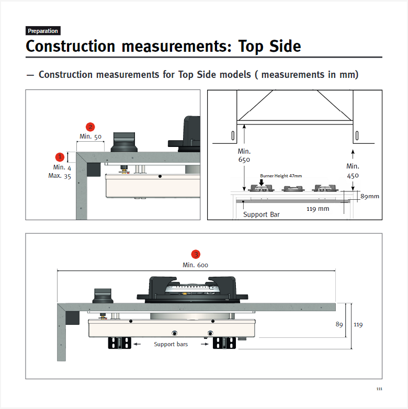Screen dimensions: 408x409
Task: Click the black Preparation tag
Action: coord(43,31)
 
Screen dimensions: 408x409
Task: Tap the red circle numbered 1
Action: coord(60,157)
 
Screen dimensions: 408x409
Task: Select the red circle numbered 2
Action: coord(90,127)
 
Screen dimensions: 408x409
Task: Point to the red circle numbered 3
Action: coord(196,254)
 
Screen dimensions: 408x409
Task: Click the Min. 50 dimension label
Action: coord(90,137)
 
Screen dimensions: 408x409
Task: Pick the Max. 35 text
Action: coord(60,176)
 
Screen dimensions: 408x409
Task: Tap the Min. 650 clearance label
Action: coord(244,155)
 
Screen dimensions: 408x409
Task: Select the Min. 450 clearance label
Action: coord(353,171)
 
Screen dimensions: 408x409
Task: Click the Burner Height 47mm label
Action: coord(281,176)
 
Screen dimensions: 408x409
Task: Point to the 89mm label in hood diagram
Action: coord(370,196)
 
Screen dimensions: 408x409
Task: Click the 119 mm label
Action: coord(318,209)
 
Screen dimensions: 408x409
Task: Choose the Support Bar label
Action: coord(261,214)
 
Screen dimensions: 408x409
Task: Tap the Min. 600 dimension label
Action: coord(196,265)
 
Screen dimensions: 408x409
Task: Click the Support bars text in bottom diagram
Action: coord(171,344)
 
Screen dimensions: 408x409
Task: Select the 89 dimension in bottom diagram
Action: coord(339,324)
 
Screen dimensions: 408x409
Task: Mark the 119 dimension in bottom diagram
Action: coord(358,324)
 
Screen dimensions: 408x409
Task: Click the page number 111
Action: coord(379,389)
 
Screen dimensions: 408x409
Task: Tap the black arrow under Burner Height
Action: coord(261,183)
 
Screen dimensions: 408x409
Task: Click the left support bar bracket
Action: coord(119,343)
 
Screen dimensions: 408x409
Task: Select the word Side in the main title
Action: coord(285,46)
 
